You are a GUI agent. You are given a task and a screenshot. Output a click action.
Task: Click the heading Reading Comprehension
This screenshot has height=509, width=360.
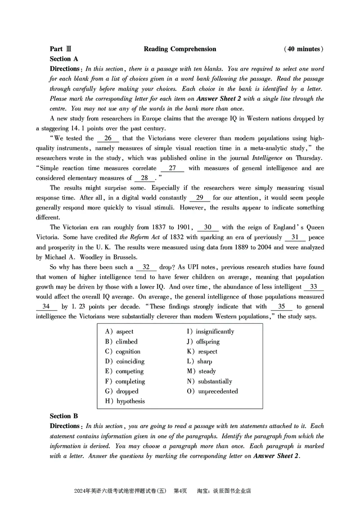[180, 49]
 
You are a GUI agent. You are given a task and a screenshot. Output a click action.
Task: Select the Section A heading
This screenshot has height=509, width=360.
[64, 59]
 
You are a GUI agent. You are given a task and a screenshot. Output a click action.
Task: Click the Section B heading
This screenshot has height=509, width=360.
[64, 416]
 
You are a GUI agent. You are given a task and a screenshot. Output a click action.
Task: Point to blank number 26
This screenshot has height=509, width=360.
[108, 138]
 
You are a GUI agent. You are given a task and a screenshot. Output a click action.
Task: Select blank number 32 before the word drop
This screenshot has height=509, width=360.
[146, 267]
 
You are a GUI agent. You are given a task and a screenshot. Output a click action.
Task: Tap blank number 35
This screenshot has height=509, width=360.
[282, 306]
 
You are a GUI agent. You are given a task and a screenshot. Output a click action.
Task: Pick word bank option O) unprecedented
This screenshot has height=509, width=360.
[212, 391]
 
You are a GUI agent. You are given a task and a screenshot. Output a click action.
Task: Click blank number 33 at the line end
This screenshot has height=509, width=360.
[314, 286]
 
